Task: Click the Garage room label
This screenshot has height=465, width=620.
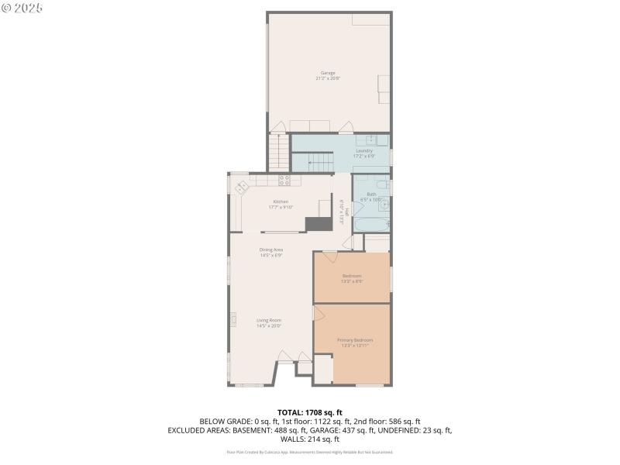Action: tap(328, 75)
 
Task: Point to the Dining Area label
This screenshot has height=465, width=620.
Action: tap(270, 252)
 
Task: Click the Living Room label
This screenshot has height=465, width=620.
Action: tap(269, 322)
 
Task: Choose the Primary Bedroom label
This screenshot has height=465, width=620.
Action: tap(354, 342)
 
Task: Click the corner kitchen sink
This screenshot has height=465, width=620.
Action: tap(242, 186)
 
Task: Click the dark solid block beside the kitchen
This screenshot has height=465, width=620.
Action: tap(317, 224)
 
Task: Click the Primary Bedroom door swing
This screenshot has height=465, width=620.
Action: tap(318, 312)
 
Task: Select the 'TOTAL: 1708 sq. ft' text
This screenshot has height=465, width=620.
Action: tap(309, 412)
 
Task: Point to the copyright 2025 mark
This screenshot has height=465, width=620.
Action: tap(22, 7)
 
